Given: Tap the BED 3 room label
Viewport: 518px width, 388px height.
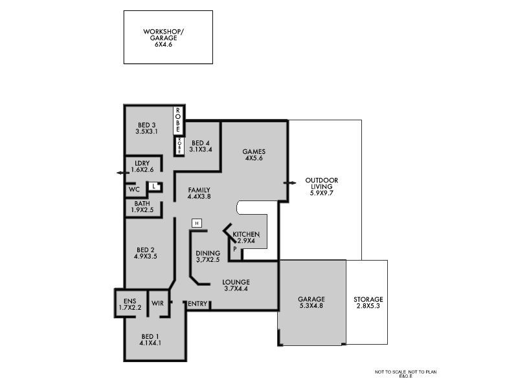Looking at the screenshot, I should tap(147, 125).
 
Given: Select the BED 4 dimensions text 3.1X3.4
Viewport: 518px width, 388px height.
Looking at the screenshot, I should tap(201, 149).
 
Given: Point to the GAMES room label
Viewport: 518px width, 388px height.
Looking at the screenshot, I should tap(254, 152).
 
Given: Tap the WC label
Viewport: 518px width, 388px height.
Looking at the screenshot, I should tap(135, 189).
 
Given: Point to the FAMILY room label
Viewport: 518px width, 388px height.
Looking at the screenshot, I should tap(199, 189).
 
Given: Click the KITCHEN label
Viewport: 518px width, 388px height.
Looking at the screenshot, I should tap(246, 234).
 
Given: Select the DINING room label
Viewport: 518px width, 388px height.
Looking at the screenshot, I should tap(208, 253).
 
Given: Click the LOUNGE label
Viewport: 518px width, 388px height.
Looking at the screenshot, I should tap(236, 282).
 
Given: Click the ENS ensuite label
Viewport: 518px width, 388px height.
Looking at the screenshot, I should tap(129, 301).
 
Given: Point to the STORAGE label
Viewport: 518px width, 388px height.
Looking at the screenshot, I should tap(368, 299).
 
